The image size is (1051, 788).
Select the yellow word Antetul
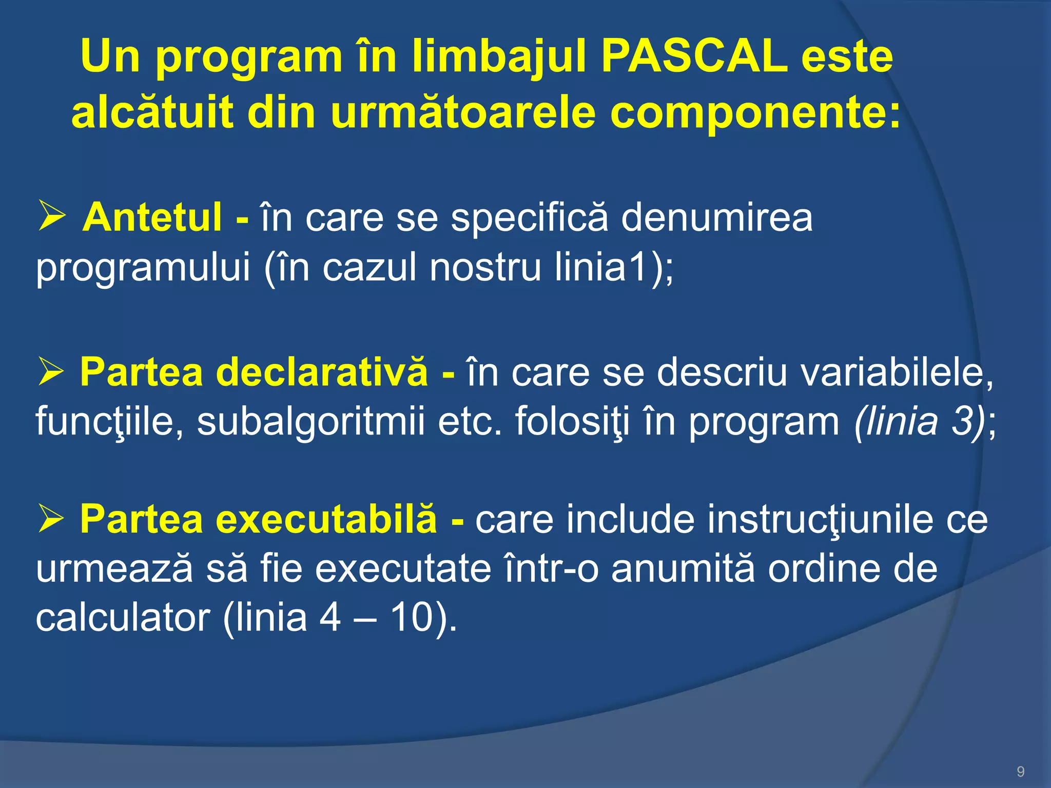152,217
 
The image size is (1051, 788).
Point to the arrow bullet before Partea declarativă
51,372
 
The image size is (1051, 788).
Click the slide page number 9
1020,772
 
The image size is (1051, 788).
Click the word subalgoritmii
311,422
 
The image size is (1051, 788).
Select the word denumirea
716,217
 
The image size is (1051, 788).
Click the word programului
143,269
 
